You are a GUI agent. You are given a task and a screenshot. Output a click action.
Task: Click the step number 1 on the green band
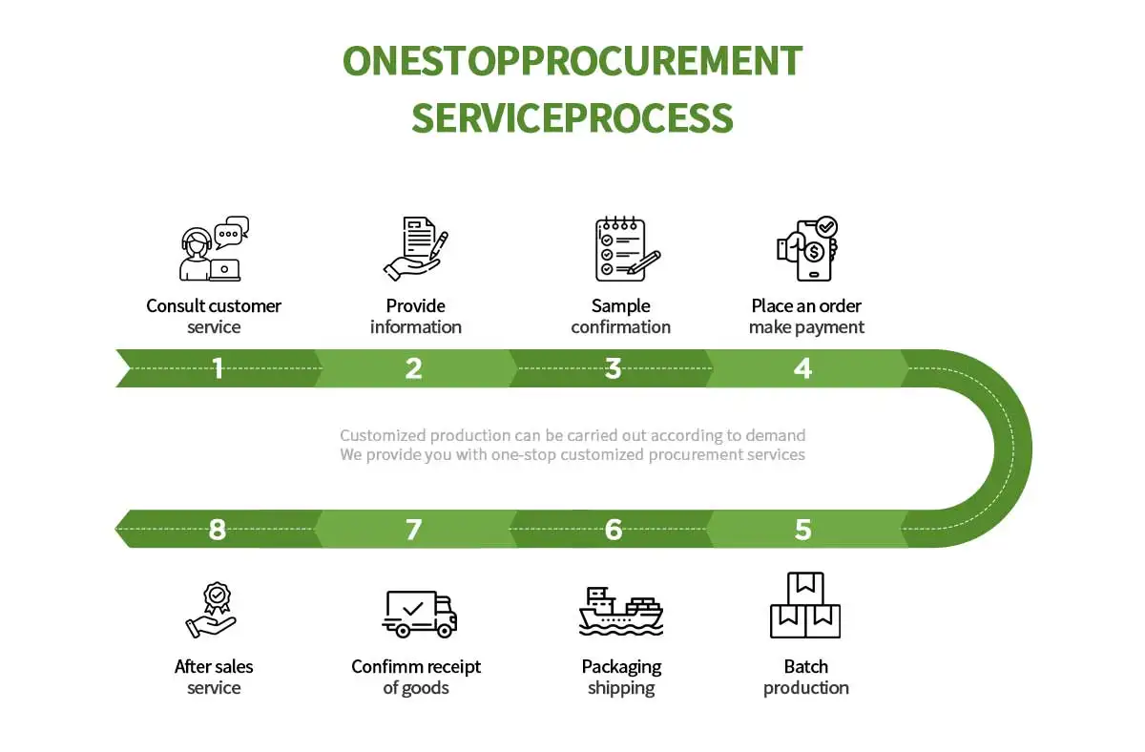point(218,368)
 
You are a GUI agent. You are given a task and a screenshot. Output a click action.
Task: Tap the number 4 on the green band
point(802,368)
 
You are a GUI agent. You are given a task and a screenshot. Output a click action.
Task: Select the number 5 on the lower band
point(802,529)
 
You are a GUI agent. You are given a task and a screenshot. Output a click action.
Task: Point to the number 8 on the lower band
point(218,529)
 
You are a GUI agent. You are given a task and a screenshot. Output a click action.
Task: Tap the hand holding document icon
point(415,249)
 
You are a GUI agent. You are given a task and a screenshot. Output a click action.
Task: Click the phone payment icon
point(807,249)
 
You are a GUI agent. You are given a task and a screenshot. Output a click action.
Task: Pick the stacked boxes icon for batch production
point(805,606)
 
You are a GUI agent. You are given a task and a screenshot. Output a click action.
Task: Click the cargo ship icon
point(621,612)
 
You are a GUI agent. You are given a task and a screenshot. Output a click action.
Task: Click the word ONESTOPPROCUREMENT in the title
point(572,61)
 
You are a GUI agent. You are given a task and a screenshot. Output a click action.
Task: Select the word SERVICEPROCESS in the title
point(572,118)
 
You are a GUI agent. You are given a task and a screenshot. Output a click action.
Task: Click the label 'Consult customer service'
point(214,317)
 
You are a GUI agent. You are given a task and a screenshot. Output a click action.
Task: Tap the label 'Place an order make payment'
point(806,317)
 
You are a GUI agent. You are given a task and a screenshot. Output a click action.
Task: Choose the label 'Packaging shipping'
point(621,678)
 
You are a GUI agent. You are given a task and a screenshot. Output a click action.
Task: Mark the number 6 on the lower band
point(613,529)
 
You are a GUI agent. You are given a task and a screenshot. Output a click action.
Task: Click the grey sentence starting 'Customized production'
point(572,435)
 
